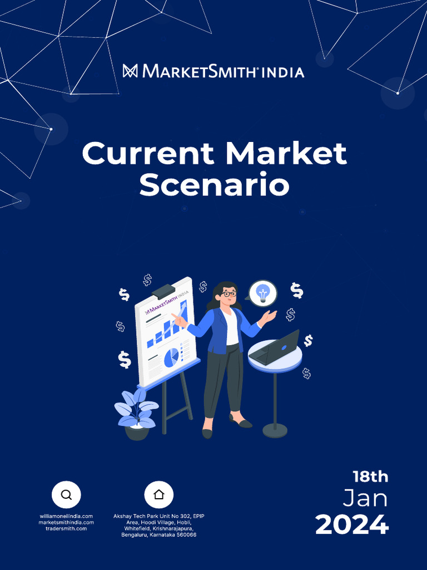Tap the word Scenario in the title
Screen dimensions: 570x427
click(214, 185)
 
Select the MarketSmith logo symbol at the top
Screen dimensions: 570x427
click(130, 71)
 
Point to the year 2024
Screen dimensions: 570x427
click(351, 524)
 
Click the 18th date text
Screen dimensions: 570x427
click(370, 476)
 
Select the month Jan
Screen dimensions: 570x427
click(365, 498)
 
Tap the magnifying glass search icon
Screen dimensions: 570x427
click(66, 495)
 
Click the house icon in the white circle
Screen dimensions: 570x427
click(159, 495)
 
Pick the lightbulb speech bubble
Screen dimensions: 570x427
click(262, 293)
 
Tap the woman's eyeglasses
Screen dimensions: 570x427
click(229, 293)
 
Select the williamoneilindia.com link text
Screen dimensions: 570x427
click(66, 517)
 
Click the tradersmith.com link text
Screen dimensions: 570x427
click(66, 528)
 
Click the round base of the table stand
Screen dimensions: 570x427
click(275, 430)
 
